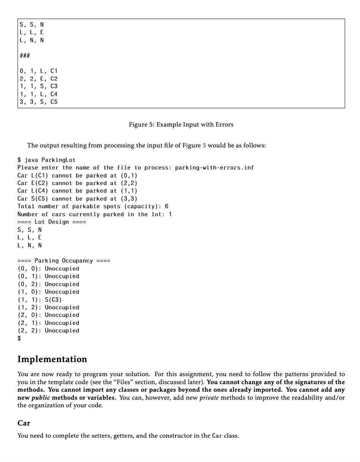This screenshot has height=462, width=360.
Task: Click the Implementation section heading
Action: click(x=52, y=359)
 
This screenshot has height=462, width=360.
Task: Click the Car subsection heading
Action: click(x=24, y=423)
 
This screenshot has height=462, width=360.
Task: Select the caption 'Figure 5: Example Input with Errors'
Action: click(x=181, y=125)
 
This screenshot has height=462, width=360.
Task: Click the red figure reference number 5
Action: click(x=204, y=145)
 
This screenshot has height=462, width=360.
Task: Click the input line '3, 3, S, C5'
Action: click(x=38, y=102)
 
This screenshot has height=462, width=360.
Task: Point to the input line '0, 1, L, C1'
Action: click(x=38, y=71)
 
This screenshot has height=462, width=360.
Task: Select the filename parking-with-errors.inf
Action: click(x=214, y=168)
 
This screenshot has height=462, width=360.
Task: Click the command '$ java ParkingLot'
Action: click(x=46, y=160)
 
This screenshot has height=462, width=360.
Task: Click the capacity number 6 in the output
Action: click(x=166, y=206)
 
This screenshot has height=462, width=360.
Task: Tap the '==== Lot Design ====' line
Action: click(x=52, y=222)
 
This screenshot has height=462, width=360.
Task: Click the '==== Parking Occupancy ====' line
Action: click(x=63, y=261)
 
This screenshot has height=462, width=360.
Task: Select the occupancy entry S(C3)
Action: click(x=53, y=299)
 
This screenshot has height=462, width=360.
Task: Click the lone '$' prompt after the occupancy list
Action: click(x=19, y=338)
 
